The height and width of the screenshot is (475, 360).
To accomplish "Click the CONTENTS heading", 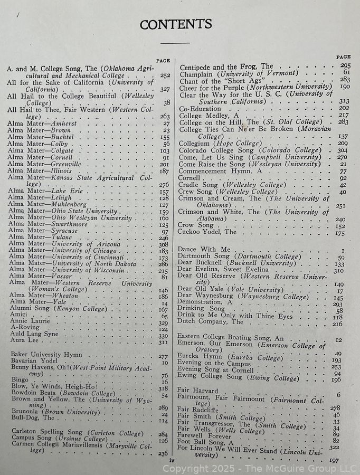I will click(x=176, y=24).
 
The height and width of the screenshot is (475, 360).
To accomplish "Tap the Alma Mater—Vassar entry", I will click(x=37, y=277).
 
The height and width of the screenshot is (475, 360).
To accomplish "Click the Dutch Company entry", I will click(x=211, y=321).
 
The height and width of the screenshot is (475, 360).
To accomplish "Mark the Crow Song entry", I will click(x=196, y=225).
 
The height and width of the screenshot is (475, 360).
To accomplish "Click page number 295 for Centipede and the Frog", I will click(x=345, y=65).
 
